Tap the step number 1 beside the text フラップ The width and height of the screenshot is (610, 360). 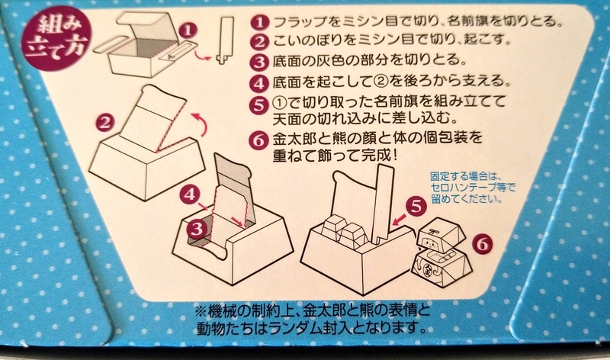(x=260, y=22)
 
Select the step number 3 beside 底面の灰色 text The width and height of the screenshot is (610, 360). (x=260, y=62)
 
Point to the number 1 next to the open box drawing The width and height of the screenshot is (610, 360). (x=188, y=30)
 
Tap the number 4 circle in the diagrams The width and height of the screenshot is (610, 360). (x=190, y=194)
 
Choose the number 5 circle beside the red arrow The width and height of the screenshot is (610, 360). (x=416, y=206)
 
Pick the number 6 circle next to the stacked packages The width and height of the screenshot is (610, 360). (x=483, y=244)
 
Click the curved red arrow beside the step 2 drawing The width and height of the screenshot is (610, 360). (x=201, y=125)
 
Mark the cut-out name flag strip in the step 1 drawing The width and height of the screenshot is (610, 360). (x=226, y=40)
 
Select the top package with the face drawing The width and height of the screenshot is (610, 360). (x=441, y=233)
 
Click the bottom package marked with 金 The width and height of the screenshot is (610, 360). (x=442, y=268)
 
